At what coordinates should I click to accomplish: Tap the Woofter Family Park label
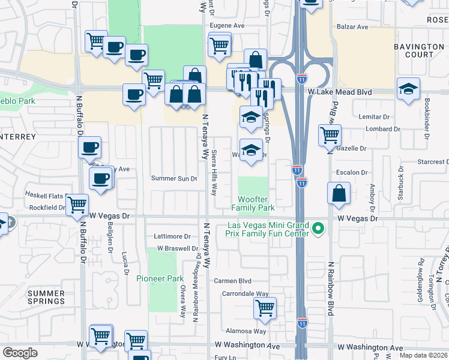click(253, 203)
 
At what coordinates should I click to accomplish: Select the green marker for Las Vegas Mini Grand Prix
click(319, 229)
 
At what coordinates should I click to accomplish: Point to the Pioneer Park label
click(160, 278)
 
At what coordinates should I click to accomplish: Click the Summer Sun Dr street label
click(174, 179)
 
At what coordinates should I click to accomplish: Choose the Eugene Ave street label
click(226, 26)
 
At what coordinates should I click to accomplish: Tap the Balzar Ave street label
click(353, 27)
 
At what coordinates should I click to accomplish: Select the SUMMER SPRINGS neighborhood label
click(46, 296)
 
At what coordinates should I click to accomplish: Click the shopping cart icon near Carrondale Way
click(265, 308)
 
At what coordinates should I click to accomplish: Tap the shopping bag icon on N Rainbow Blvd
click(339, 193)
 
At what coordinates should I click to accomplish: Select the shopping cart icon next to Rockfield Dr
click(77, 205)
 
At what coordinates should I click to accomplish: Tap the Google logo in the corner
click(20, 353)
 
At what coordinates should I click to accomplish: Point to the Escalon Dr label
click(352, 172)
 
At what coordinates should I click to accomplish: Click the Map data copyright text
click(424, 355)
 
